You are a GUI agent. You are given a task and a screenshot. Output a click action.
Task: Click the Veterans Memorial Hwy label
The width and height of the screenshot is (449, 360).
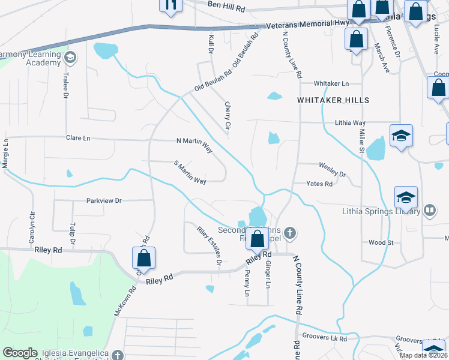[x=307, y=23]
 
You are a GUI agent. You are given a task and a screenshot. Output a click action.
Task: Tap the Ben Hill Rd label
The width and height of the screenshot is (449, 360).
[x=227, y=6]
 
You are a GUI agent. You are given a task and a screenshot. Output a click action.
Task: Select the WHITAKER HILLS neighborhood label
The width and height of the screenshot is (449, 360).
[x=333, y=100]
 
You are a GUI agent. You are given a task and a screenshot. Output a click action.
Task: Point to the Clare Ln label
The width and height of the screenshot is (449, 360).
[x=77, y=138]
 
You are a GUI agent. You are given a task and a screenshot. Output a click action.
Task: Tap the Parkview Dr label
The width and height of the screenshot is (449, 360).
[x=104, y=200]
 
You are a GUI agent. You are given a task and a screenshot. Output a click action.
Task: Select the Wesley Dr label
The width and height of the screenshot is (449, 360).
[x=333, y=170]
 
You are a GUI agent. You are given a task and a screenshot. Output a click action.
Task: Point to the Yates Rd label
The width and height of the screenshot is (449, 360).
[x=319, y=184]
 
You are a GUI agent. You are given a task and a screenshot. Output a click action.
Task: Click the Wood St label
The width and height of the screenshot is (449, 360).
[x=381, y=242]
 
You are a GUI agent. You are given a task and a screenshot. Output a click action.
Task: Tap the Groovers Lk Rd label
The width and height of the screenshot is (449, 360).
[x=325, y=338]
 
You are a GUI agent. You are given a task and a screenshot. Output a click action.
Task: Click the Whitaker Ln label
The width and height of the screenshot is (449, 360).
[x=331, y=83]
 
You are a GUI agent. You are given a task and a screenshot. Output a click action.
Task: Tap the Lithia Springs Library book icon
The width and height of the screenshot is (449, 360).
[x=429, y=210]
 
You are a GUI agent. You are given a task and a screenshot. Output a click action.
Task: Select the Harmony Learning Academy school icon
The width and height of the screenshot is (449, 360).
[x=70, y=58]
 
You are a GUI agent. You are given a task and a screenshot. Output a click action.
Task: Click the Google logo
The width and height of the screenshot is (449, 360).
[x=20, y=353]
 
